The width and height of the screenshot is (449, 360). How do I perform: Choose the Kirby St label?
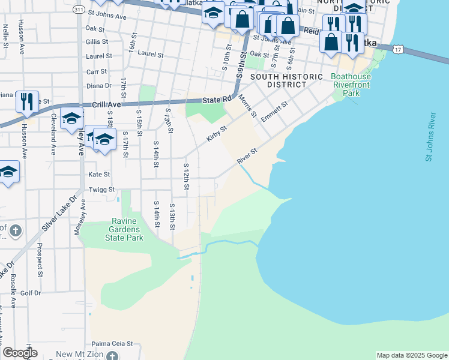pyautogui.click(x=217, y=134)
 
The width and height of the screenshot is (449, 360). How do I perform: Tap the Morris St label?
pyautogui.click(x=247, y=106)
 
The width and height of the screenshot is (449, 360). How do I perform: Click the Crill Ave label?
pyautogui.click(x=106, y=104)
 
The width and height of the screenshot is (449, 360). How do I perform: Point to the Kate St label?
pyautogui.click(x=99, y=175)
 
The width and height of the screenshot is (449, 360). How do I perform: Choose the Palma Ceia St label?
pyautogui.click(x=112, y=344)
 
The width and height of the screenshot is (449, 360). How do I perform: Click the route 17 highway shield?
pyautogui.click(x=398, y=50)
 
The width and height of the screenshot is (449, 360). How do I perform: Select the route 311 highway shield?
pyautogui.click(x=79, y=10)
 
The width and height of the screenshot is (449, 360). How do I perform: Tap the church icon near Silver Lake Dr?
pyautogui.click(x=16, y=230)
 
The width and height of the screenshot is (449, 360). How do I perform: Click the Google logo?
pyautogui.click(x=20, y=353)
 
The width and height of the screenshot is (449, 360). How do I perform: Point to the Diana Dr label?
pyautogui.click(x=99, y=86)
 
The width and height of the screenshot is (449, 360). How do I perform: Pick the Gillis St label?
pyautogui.click(x=97, y=41)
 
